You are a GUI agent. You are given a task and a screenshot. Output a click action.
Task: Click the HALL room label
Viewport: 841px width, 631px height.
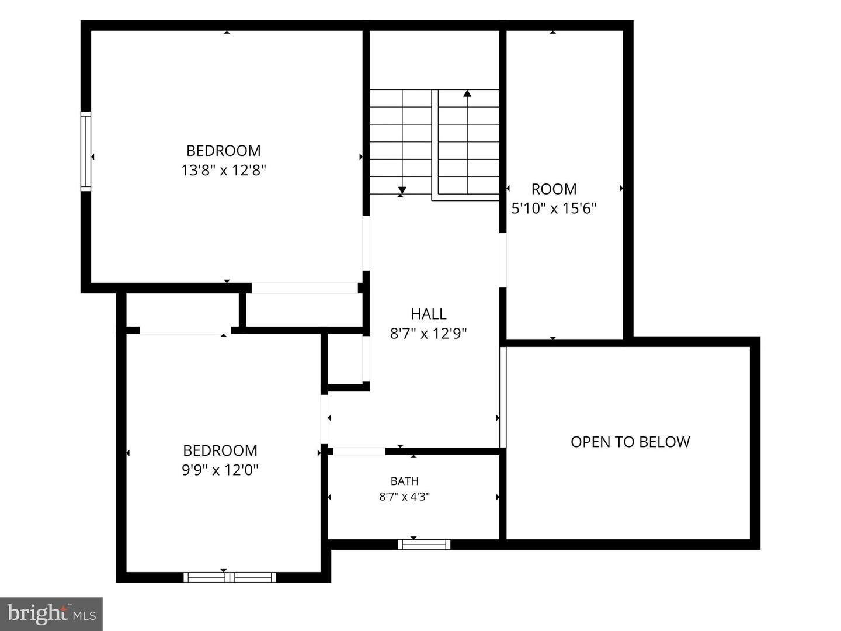428,314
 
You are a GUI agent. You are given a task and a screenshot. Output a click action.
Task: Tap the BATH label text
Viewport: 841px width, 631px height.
405,481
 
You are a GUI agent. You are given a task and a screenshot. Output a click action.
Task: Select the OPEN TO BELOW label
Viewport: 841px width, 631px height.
630,442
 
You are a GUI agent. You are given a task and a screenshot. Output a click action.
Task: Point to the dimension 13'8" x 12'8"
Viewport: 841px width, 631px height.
223,170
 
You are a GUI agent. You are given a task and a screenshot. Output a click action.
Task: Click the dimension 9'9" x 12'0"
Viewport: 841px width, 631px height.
220,470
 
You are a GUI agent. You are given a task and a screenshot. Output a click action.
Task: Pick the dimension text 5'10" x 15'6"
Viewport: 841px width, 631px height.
554,209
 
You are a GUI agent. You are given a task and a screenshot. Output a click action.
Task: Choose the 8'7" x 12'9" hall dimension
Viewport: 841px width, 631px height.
428,334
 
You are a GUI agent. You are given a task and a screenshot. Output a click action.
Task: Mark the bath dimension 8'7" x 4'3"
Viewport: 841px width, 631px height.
405,497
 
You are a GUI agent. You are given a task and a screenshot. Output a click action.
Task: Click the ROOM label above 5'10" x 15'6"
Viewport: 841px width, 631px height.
554,189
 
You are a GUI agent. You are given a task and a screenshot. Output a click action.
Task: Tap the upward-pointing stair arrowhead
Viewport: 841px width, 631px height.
467,93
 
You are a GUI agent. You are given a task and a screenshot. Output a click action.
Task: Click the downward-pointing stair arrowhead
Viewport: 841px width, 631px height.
402,190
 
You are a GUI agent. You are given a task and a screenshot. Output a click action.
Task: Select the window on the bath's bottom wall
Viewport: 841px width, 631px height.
424,544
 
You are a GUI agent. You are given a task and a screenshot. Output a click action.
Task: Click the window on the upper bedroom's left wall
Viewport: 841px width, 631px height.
86,151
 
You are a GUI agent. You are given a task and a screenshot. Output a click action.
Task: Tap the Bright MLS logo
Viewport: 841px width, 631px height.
51,613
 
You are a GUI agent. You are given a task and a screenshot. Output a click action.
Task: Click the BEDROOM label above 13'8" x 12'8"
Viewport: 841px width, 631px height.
223,151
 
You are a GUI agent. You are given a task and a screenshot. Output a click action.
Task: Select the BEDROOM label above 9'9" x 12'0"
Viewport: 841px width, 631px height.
220,450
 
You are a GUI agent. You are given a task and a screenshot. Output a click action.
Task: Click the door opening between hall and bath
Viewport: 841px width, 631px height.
359,451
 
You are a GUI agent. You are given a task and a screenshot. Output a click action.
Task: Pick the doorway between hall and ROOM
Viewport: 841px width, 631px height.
503,260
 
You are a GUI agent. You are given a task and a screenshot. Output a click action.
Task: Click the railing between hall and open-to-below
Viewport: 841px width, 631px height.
503,397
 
